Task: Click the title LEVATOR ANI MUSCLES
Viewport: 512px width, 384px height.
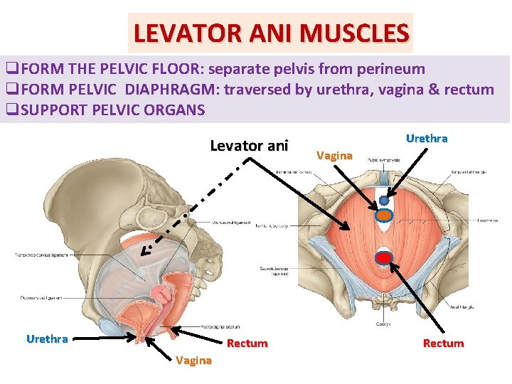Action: pos(271,33)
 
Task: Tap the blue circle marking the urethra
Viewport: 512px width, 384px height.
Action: pos(384,201)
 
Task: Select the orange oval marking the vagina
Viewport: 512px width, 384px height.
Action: pos(383,214)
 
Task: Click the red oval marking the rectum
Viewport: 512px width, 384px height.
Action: pos(384,258)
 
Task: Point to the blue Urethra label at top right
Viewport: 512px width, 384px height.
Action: pos(427,139)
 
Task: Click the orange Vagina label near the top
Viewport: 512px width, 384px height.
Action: pos(334,155)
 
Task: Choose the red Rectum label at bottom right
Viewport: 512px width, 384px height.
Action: pos(443,343)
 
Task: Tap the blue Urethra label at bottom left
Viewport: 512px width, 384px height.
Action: pos(47,339)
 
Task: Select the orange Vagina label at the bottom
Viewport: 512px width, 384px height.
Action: pos(193,361)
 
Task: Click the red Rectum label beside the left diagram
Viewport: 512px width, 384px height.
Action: pos(247,343)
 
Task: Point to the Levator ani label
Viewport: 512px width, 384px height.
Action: pos(249,146)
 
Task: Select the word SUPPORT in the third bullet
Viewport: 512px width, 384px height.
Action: pos(50,110)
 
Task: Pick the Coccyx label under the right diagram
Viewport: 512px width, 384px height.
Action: pos(383,325)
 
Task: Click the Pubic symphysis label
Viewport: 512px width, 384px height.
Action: pos(383,161)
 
